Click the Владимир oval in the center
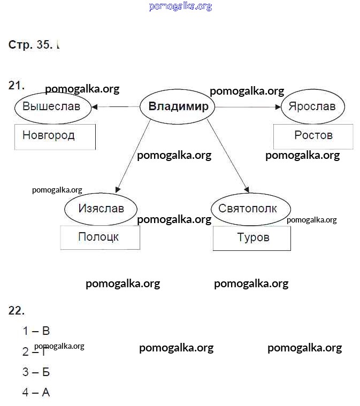[178, 106]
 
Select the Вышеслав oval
[51, 106]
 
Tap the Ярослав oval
[312, 106]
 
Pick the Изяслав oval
[101, 209]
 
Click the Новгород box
[55, 136]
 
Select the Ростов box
[313, 136]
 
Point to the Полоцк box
[100, 238]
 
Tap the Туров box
[252, 238]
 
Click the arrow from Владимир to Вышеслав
[115, 107]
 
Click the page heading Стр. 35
[30, 45]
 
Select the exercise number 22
[17, 311]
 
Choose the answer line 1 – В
[36, 331]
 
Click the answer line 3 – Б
[36, 372]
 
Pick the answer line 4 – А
[36, 393]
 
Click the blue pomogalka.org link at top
[180, 6]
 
